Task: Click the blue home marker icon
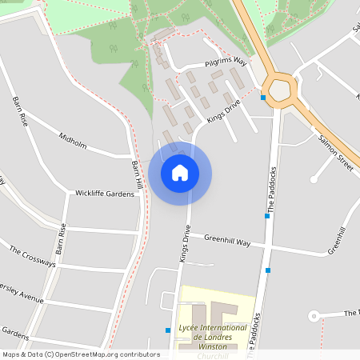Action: click(x=180, y=173)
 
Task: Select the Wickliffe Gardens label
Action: click(x=105, y=194)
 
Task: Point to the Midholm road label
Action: click(x=73, y=141)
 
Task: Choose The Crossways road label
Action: click(x=33, y=258)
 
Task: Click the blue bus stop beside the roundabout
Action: click(x=263, y=98)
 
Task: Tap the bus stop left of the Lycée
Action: click(x=168, y=330)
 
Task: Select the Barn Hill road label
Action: click(x=137, y=174)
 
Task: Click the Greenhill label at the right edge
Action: click(x=341, y=241)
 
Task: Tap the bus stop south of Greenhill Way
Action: click(x=267, y=270)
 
